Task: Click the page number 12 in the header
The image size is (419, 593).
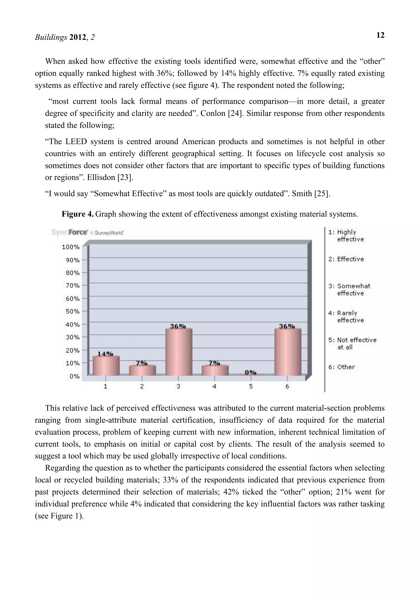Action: pos(380,35)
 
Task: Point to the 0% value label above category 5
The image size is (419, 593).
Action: pos(250,372)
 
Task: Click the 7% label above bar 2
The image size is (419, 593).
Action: pos(142,363)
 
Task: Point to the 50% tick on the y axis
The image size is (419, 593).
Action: pos(72,311)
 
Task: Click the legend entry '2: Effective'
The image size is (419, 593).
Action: pos(346,259)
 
